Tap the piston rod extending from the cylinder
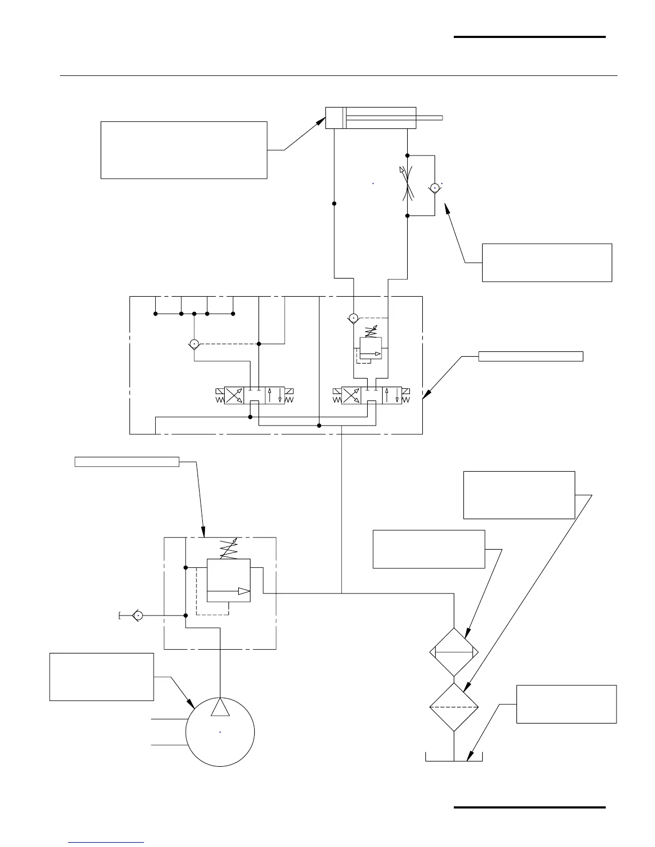coord(428,118)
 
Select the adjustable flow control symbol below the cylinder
coord(407,185)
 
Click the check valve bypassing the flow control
coord(435,188)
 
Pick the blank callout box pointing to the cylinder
coord(184,150)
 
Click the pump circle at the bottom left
coord(220,732)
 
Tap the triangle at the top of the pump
coord(220,707)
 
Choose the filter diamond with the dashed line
coord(454,706)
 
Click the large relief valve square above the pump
coord(229,580)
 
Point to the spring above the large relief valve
coord(229,549)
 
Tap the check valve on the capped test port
coord(138,616)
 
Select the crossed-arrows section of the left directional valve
coord(234,396)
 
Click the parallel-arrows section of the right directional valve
coord(392,396)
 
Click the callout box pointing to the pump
coord(102,676)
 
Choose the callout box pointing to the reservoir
coord(566,704)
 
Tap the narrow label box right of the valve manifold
coord(530,357)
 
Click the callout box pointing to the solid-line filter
coord(429,549)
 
